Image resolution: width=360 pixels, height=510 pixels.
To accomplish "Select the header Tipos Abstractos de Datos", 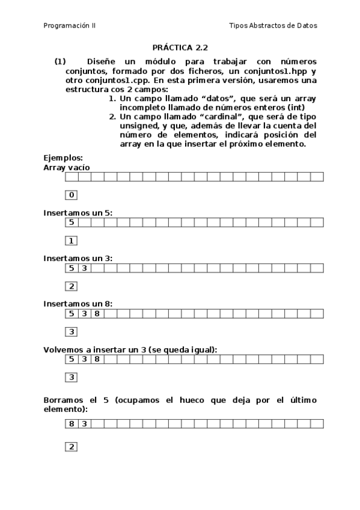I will pyautogui.click(x=273, y=26).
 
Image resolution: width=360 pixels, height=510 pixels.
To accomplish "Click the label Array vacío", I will pyautogui.click(x=67, y=167).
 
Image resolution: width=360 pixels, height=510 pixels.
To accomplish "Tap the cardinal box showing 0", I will pyautogui.click(x=71, y=195).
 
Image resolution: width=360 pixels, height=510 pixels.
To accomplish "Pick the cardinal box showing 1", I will pyautogui.click(x=71, y=241).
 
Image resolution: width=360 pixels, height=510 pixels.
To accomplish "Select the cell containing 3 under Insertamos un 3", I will pyautogui.click(x=84, y=268).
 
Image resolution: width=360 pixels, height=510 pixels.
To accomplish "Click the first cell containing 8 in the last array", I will pyautogui.click(x=71, y=423).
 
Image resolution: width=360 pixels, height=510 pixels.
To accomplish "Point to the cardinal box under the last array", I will pyautogui.click(x=71, y=447).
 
